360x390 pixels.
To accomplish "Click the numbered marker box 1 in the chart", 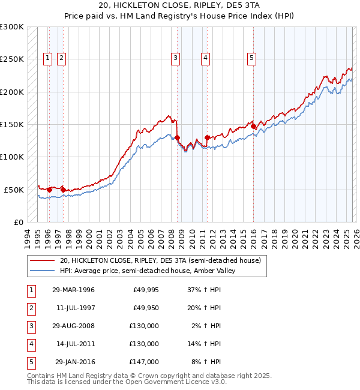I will [x=47, y=58].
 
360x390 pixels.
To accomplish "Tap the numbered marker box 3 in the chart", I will [x=175, y=58].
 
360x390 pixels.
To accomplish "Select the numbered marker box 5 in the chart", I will [x=251, y=58].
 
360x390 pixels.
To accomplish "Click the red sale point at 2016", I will [x=253, y=127].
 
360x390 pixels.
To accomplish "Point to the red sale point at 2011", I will [x=206, y=137].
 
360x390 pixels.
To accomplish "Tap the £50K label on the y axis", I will [x=14, y=190].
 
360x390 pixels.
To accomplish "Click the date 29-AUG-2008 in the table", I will [x=73, y=326].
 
